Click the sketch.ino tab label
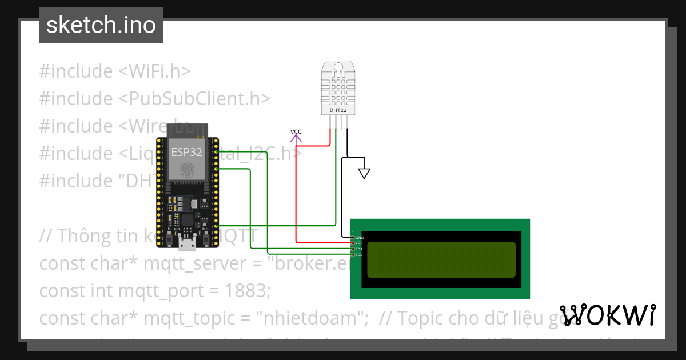pyautogui.click(x=101, y=25)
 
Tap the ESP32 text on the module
pyautogui.click(x=186, y=152)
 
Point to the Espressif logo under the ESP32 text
pyautogui.click(x=188, y=169)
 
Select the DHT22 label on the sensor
pyautogui.click(x=338, y=109)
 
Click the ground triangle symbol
pyautogui.click(x=364, y=173)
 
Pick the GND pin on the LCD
pyautogui.click(x=353, y=237)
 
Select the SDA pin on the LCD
pyautogui.click(x=353, y=249)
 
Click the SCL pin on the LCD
pyautogui.click(x=353, y=255)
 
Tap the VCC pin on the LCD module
pyautogui.click(x=353, y=243)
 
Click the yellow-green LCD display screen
pyautogui.click(x=441, y=259)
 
